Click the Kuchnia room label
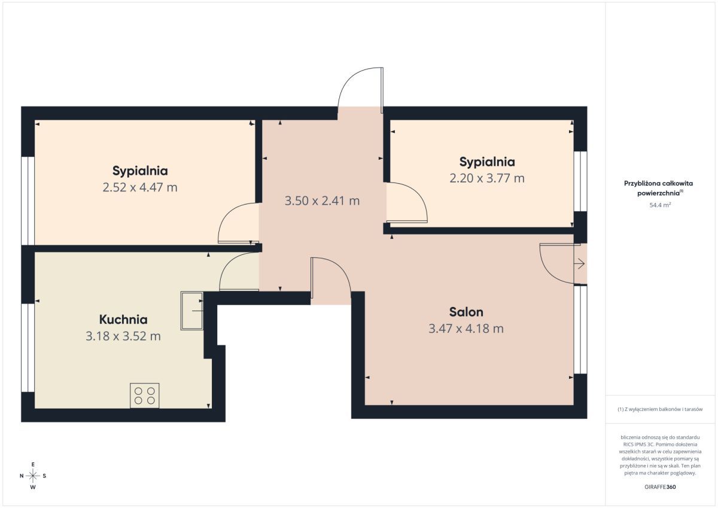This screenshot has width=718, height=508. (123, 320)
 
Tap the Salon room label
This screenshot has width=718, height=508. (466, 312)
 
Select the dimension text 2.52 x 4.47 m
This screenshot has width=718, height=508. (140, 187)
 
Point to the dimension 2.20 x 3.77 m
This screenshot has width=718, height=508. (487, 178)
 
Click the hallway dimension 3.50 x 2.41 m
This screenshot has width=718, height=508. (322, 201)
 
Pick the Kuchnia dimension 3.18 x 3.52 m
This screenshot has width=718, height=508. (123, 336)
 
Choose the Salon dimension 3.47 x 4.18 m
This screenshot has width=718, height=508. (466, 328)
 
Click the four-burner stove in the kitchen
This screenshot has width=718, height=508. (145, 396)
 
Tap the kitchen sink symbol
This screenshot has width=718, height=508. (192, 311)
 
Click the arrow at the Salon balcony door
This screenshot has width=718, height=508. (580, 264)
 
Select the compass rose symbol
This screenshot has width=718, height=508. (33, 476)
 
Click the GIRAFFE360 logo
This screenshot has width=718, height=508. (660, 487)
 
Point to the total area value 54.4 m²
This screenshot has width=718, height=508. (660, 205)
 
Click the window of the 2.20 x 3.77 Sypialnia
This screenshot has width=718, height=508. (580, 181)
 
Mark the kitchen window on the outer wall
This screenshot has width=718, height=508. (28, 348)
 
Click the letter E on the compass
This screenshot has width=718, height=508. (33, 464)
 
